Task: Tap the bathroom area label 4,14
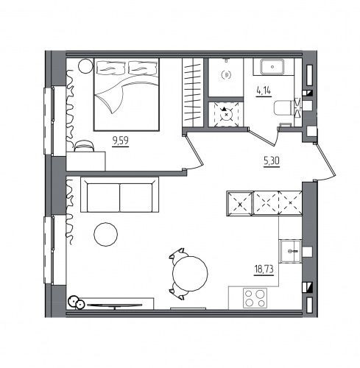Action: [x=264, y=91]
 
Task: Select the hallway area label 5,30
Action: [x=272, y=161]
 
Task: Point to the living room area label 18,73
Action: [x=264, y=269]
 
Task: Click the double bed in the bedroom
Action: [x=127, y=94]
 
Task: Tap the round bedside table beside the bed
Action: [x=85, y=66]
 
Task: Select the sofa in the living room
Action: [x=119, y=194]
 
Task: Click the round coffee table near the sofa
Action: [x=105, y=234]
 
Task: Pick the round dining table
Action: [x=190, y=274]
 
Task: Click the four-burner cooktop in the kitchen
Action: [x=255, y=298]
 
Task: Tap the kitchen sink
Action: [x=291, y=251]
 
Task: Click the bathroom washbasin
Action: [x=272, y=67]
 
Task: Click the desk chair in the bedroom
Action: [x=84, y=146]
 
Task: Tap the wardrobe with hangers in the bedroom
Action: [x=193, y=93]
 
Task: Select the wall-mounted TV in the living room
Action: [x=115, y=305]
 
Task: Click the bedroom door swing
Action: [x=194, y=152]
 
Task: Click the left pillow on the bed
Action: [x=111, y=67]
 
